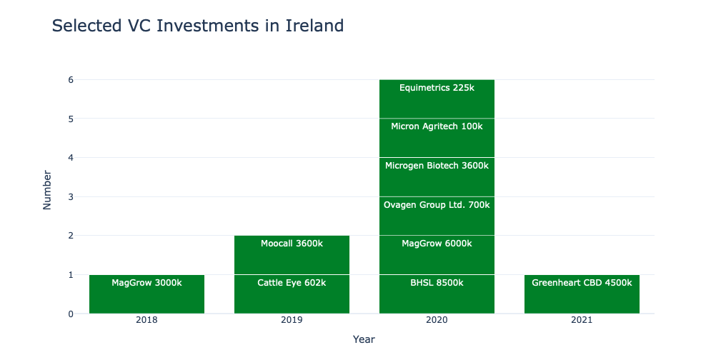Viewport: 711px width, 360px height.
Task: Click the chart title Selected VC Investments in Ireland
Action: point(198,26)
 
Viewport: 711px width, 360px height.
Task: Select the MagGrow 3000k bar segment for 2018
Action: point(146,294)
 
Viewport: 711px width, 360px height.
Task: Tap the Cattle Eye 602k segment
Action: point(292,294)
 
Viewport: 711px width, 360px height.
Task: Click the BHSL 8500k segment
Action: point(437,294)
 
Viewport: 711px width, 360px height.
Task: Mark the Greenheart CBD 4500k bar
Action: point(582,294)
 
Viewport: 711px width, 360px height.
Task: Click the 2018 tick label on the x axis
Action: point(146,321)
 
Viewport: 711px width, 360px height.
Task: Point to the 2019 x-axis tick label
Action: point(292,321)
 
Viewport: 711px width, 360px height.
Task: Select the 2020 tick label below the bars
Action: point(437,321)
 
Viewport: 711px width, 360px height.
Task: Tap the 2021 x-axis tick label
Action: point(582,321)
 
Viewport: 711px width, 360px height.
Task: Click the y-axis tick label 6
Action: point(71,80)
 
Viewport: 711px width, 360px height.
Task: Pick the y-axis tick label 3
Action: point(71,196)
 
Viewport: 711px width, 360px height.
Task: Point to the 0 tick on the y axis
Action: point(71,314)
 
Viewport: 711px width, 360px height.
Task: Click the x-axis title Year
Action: point(364,340)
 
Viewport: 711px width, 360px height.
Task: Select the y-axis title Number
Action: point(48,189)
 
